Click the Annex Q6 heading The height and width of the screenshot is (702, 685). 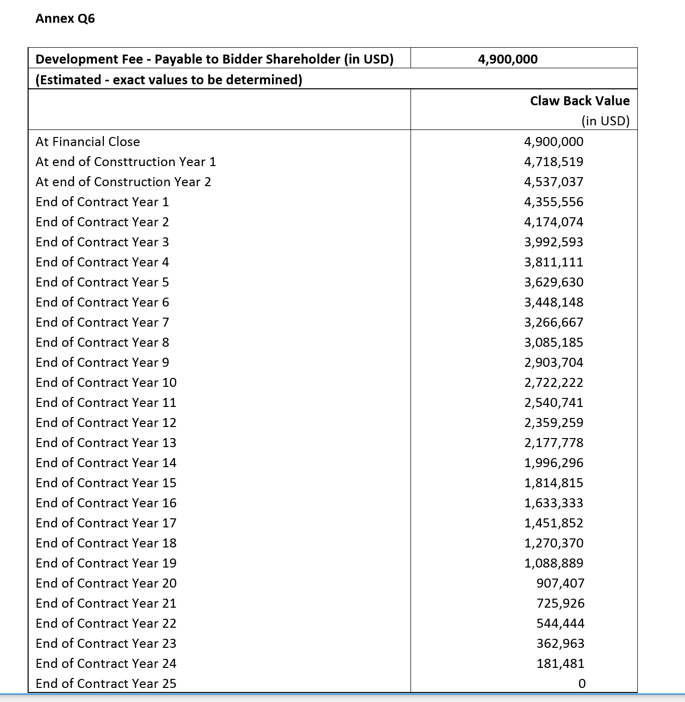pyautogui.click(x=65, y=19)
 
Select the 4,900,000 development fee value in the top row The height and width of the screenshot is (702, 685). pyautogui.click(x=508, y=59)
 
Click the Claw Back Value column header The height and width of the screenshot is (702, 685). pyautogui.click(x=580, y=101)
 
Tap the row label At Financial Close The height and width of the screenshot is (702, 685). pyautogui.click(x=88, y=142)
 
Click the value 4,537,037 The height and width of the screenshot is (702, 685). pyautogui.click(x=554, y=182)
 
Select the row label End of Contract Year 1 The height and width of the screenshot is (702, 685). pyautogui.click(x=102, y=202)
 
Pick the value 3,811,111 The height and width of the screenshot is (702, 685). pyautogui.click(x=554, y=262)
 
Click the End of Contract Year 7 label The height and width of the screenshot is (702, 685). pyautogui.click(x=102, y=322)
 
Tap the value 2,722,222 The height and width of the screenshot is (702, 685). pyautogui.click(x=554, y=382)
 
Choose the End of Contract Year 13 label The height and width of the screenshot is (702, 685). pyautogui.click(x=106, y=443)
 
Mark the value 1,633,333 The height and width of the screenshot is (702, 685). pyautogui.click(x=554, y=503)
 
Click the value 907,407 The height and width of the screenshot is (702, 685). pyautogui.click(x=560, y=583)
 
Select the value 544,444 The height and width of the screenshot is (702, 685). pyautogui.click(x=560, y=623)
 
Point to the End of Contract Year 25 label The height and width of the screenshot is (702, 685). pyautogui.click(x=106, y=683)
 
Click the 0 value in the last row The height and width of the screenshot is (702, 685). pyautogui.click(x=582, y=683)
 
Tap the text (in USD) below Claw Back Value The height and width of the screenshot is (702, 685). pyautogui.click(x=605, y=121)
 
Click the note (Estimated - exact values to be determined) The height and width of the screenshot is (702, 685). pyautogui.click(x=169, y=80)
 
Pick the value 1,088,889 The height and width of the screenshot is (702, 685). pyautogui.click(x=554, y=563)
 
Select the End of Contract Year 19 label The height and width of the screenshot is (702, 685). pyautogui.click(x=106, y=563)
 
